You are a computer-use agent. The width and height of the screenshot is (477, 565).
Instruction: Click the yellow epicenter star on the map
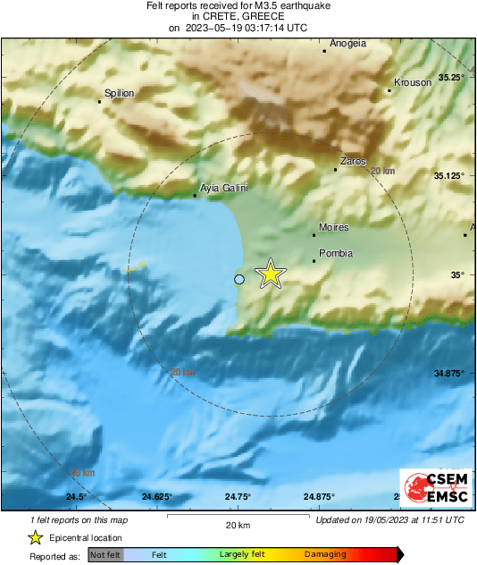point(270,274)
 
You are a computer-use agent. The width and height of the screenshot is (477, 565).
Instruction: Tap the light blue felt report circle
point(239,280)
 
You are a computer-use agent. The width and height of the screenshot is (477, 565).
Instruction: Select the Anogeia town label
point(348,43)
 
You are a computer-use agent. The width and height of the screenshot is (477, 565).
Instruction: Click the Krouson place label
point(413,82)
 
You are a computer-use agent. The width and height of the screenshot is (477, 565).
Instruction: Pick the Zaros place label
point(354,162)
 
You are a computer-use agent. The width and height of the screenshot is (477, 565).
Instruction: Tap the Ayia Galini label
point(224,188)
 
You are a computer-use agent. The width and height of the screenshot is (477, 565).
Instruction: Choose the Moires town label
point(334,227)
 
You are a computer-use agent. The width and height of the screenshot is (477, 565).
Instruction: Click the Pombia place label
point(336,253)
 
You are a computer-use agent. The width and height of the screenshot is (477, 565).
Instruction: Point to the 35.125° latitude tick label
point(449,176)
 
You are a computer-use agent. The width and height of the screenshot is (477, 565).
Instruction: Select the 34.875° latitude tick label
point(449,373)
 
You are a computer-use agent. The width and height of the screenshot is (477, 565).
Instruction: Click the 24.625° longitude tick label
point(156,496)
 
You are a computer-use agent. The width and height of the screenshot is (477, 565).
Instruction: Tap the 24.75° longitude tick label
point(238,496)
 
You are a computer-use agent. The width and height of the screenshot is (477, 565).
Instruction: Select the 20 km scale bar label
point(237,525)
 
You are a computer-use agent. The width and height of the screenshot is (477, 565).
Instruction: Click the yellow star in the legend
point(35,538)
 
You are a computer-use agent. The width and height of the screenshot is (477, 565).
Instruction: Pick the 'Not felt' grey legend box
point(105,555)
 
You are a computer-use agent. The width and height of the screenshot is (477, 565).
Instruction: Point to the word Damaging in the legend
point(324,555)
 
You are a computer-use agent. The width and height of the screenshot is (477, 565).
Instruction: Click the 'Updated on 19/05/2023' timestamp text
point(390,519)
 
